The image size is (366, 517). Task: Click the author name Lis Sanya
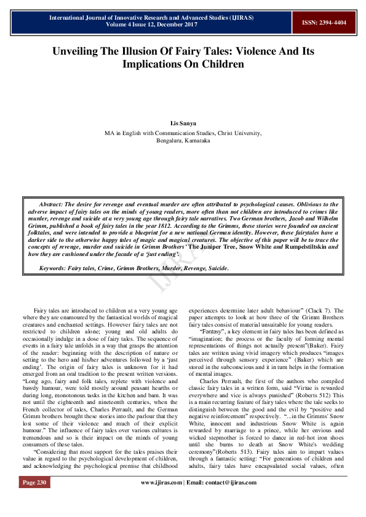(183, 123)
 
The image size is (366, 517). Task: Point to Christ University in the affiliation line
(237, 133)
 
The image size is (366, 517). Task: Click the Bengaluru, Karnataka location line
(183, 141)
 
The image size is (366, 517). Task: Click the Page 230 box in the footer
(34, 499)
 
